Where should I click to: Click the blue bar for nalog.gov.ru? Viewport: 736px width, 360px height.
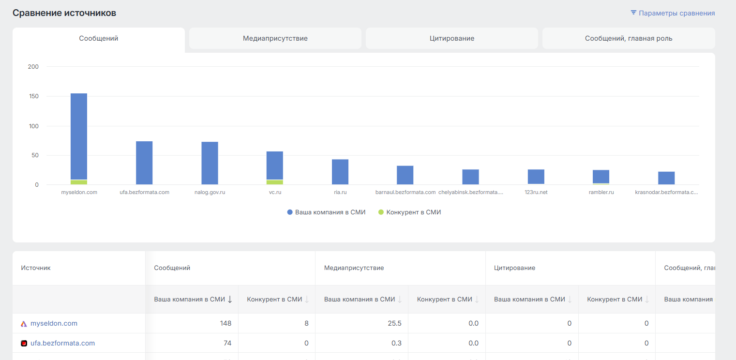tap(210, 163)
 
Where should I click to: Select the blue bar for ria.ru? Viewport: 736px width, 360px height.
tap(340, 172)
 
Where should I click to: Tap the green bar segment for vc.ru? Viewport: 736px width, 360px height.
tap(275, 182)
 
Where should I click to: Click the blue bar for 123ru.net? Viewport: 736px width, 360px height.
tap(536, 177)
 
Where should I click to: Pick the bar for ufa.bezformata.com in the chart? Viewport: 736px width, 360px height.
tap(144, 163)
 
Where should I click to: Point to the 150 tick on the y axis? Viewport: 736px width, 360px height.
tap(33, 96)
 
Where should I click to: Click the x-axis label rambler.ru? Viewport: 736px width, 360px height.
tap(601, 192)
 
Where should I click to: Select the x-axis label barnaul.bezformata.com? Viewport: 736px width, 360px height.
tap(406, 192)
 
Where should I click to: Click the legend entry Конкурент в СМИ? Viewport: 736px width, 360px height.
tap(409, 212)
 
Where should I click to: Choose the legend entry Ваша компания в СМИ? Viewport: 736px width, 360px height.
tap(326, 212)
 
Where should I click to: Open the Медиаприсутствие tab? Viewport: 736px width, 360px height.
tap(275, 38)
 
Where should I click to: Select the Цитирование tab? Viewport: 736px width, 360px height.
tap(452, 38)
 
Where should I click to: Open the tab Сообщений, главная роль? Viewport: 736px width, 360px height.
tap(629, 38)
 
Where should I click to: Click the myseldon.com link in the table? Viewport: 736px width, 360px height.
tap(54, 323)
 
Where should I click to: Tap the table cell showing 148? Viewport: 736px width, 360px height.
tap(225, 323)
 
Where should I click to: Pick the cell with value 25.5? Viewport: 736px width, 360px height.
tap(395, 323)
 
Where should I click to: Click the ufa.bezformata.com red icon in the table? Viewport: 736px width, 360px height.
tap(24, 343)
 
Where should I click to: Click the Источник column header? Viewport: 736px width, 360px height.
tap(36, 268)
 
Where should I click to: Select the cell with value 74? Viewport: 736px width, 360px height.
tap(227, 343)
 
